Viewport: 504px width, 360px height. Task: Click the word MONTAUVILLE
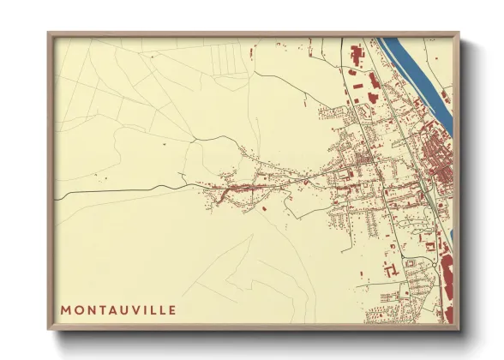(x=119, y=309)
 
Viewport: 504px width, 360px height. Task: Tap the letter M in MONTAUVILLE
(x=66, y=309)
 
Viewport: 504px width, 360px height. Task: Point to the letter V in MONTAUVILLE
(x=137, y=309)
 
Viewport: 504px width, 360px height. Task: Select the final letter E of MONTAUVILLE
(x=173, y=309)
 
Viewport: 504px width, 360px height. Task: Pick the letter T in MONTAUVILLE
(x=101, y=309)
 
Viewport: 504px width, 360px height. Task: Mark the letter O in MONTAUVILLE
(x=78, y=309)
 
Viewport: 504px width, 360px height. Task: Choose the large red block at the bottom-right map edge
(x=447, y=283)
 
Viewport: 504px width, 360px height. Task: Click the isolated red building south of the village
(x=265, y=208)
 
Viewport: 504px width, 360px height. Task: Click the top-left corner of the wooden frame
(x=49, y=33)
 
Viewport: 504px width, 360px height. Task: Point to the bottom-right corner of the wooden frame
(x=459, y=329)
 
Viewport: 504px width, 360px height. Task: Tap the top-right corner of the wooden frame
(x=459, y=33)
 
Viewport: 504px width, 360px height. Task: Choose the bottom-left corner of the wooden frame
(x=49, y=329)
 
